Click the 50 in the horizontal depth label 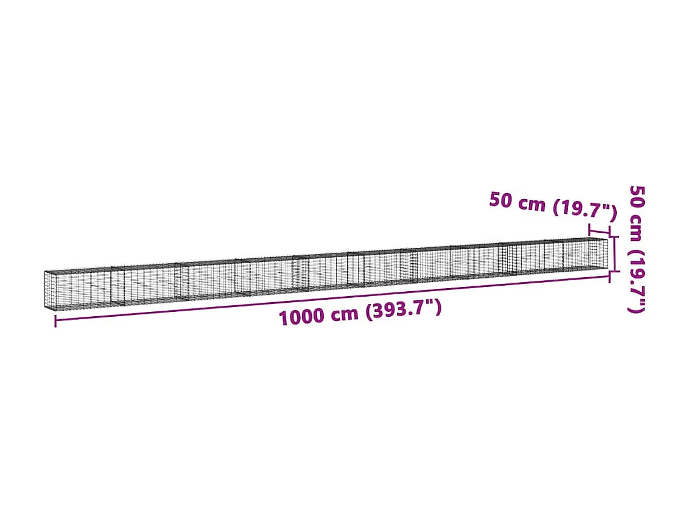(x=501, y=200)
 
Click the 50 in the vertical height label (x=636, y=197)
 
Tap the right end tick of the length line (x=609, y=277)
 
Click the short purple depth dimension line (x=600, y=231)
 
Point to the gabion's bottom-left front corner (x=46, y=307)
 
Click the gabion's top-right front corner (x=607, y=239)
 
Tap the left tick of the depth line (x=590, y=228)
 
